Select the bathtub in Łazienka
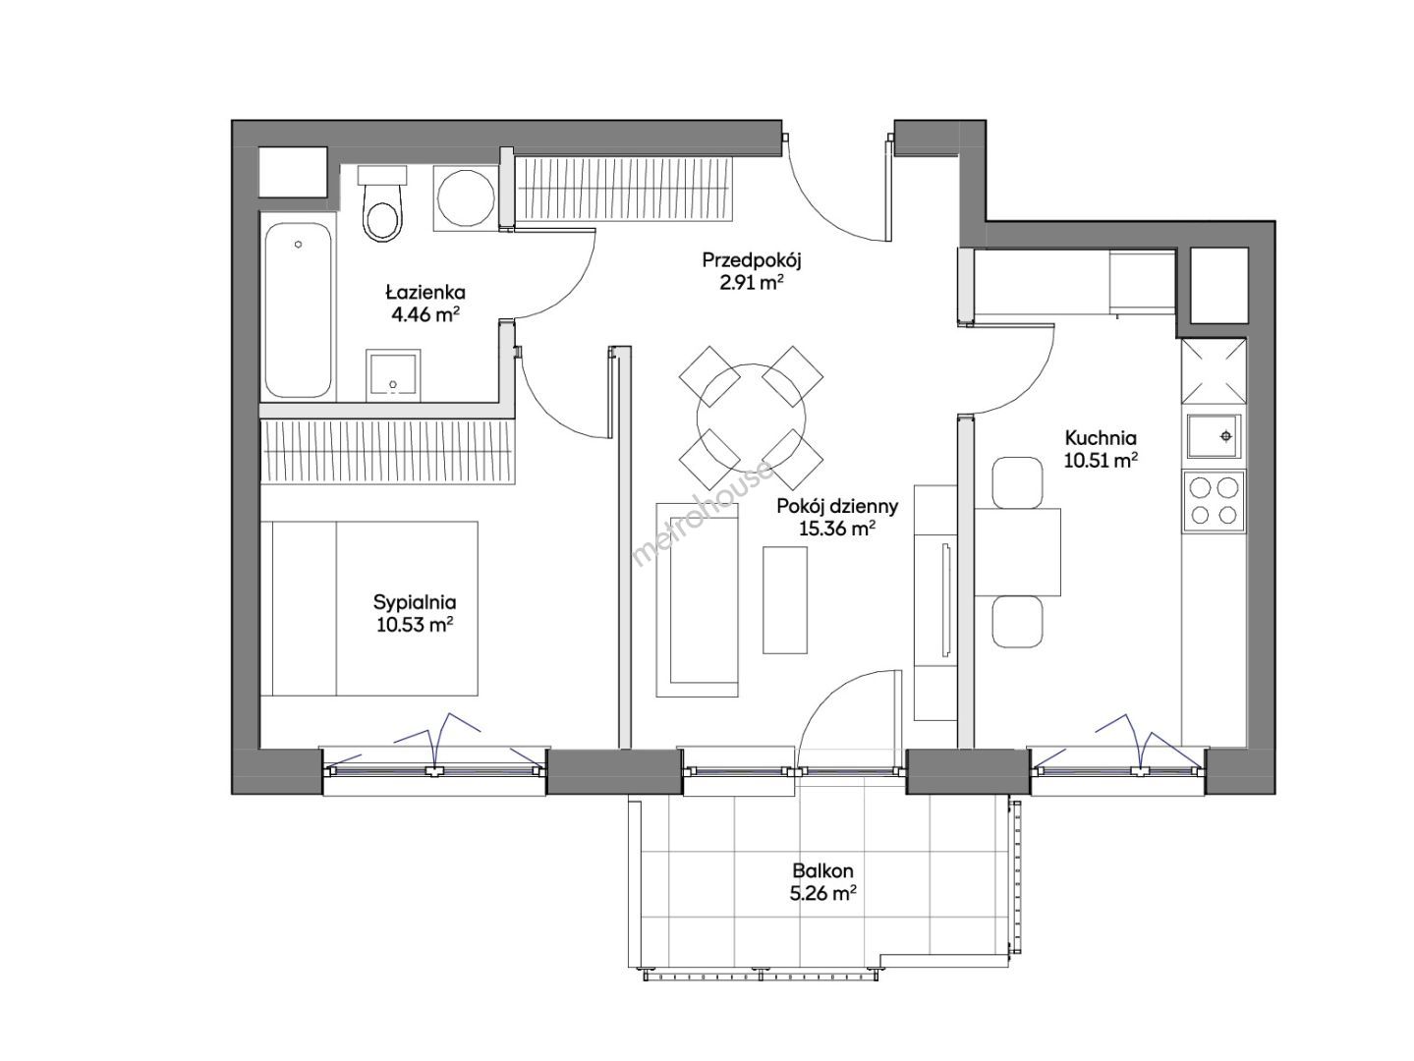tap(299, 309)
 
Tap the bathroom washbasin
tap(393, 375)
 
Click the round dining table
tap(751, 418)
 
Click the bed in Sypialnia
tap(369, 608)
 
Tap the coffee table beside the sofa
tap(784, 600)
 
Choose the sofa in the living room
tap(697, 599)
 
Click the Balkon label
tap(822, 870)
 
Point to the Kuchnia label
tap(1101, 438)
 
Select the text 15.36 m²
tap(837, 529)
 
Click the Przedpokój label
tap(751, 260)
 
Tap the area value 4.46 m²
tap(425, 314)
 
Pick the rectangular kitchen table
tap(1017, 552)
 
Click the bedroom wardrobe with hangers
tap(388, 451)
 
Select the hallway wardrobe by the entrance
tap(625, 190)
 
